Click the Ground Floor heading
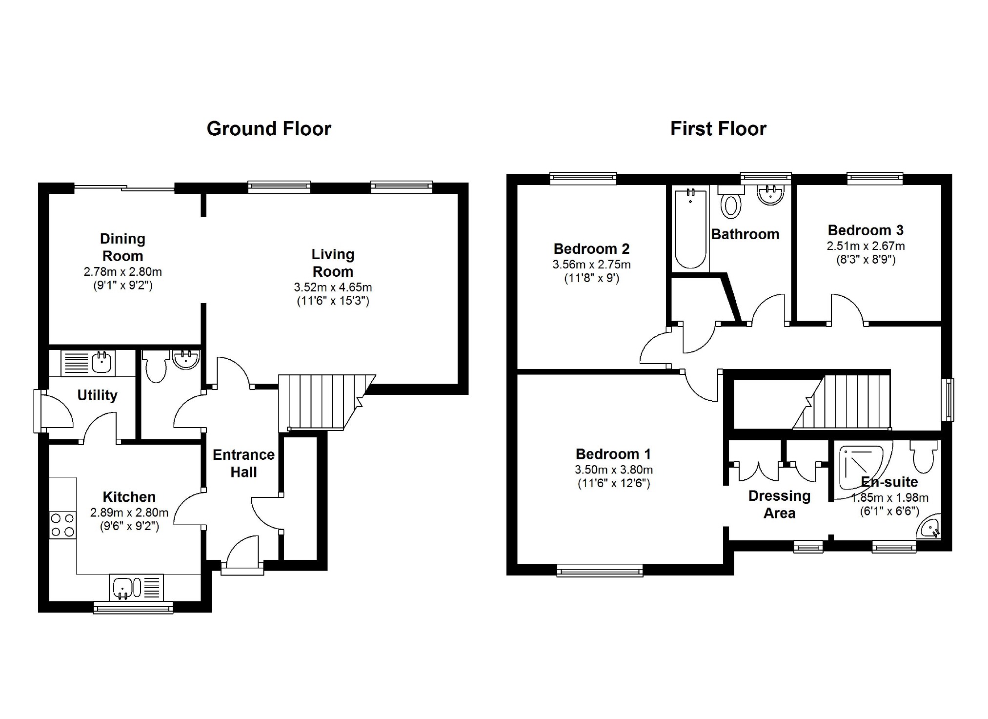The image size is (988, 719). (269, 129)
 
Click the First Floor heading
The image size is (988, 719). (718, 129)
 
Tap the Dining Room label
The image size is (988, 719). (122, 247)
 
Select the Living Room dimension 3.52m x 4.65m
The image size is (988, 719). (333, 288)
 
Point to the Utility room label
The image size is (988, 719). (98, 395)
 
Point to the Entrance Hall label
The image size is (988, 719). (243, 463)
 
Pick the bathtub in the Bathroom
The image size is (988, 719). (690, 229)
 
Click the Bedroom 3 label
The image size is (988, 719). (866, 230)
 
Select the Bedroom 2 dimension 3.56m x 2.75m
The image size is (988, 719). (591, 265)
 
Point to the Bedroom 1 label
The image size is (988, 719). (613, 454)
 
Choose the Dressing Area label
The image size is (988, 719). (779, 505)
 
